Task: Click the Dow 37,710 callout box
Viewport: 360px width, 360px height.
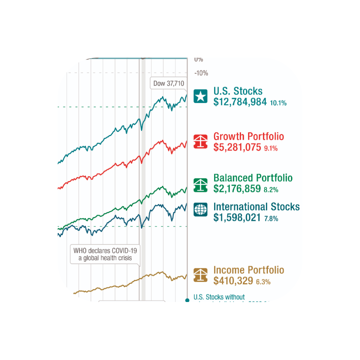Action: click(168, 83)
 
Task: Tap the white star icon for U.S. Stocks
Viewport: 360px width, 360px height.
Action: click(200, 97)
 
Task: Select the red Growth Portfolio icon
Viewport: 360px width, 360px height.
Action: click(200, 141)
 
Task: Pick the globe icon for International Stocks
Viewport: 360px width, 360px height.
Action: click(200, 210)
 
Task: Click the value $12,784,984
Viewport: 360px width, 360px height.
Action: click(240, 102)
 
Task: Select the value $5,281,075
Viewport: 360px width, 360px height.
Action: click(237, 147)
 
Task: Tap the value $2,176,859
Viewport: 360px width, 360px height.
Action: click(237, 189)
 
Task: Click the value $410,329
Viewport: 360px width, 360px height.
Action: click(233, 281)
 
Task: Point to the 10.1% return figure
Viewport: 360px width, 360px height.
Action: click(278, 103)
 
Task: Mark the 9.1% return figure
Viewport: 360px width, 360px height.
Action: click(271, 148)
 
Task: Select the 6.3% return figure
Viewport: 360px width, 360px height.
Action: click(263, 282)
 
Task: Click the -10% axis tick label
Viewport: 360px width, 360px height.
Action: click(201, 73)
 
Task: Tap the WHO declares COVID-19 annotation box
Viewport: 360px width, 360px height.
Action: click(105, 254)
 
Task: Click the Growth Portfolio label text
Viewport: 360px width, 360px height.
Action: click(249, 136)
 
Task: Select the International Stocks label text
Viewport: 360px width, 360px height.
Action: click(256, 207)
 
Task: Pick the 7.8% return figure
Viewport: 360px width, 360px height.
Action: click(271, 219)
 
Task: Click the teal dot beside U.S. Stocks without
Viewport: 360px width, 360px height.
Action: click(187, 300)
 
